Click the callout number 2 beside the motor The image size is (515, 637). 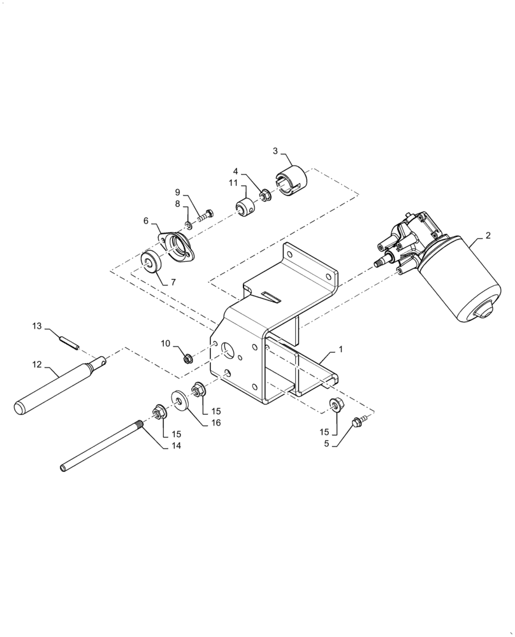(x=488, y=236)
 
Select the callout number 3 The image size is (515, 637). (x=275, y=151)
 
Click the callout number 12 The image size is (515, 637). (x=36, y=365)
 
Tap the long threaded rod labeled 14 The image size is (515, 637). (x=102, y=450)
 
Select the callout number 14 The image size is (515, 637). (x=176, y=446)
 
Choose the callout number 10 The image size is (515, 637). (x=165, y=343)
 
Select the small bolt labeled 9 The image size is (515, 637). (x=205, y=216)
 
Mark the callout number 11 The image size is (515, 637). (x=234, y=183)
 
